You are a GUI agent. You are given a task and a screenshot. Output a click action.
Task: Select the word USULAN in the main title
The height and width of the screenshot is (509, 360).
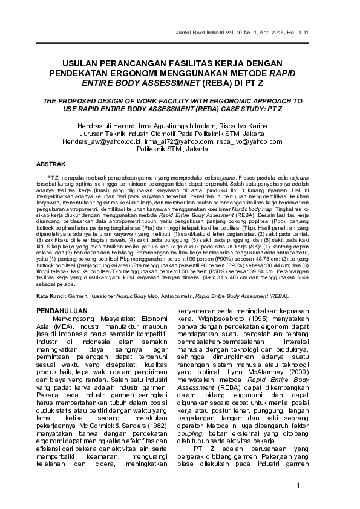pos(85,63)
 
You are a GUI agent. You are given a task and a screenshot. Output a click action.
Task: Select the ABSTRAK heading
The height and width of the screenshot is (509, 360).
pos(51,164)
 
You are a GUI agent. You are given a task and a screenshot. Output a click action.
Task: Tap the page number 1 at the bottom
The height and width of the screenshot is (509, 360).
pos(316,487)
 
